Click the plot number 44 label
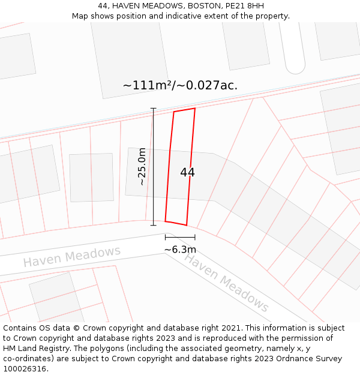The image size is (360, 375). [187, 172]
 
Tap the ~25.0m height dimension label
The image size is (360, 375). [142, 167]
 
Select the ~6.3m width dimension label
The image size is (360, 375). [180, 250]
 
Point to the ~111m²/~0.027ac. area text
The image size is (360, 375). [180, 85]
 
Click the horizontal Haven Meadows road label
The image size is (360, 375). [72, 257]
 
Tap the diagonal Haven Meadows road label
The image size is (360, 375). [226, 282]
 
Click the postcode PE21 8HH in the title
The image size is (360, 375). [244, 6]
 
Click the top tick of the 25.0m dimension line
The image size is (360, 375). [153, 109]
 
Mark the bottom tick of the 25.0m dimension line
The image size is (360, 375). [153, 226]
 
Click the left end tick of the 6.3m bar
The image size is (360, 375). [166, 238]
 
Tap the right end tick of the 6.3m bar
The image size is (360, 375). [194, 238]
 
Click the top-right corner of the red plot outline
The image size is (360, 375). [195, 109]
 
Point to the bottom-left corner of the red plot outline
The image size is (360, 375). [166, 221]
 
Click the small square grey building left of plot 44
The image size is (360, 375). [91, 177]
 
